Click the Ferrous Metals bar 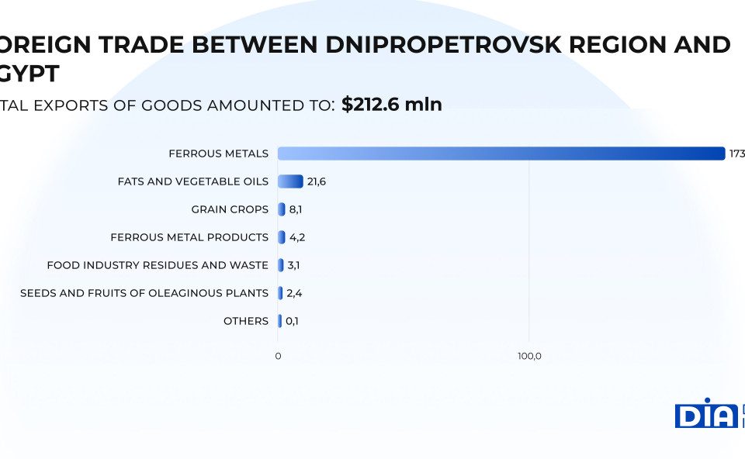pos(501,154)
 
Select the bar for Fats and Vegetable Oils pos(290,181)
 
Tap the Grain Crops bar pos(282,209)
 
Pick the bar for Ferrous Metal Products pos(282,237)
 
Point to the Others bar pos(279,321)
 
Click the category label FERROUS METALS pos(218,154)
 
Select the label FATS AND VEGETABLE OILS pos(192,181)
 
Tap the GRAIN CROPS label pos(230,209)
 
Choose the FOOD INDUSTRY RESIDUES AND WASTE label pos(158,265)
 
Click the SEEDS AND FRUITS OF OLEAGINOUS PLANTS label pos(144,293)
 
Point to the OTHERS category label pos(246,321)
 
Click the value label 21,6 pos(317,181)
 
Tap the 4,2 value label pos(297,237)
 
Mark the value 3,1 pos(293,265)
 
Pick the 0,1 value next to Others pos(293,321)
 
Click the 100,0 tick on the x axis pos(529,356)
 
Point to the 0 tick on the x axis pos(278,356)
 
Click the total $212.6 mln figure pos(391,105)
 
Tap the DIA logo pos(705,413)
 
